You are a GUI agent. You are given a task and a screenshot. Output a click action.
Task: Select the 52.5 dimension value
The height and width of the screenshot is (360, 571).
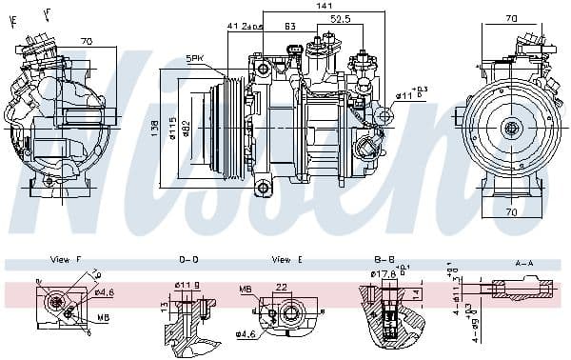point(340,18)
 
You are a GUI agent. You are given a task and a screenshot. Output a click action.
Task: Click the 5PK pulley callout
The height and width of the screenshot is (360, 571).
point(195,59)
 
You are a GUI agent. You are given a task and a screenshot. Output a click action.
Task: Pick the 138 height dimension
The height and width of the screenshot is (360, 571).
point(158,126)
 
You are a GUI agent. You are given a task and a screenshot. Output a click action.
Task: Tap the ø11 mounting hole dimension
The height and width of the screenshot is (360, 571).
point(404,95)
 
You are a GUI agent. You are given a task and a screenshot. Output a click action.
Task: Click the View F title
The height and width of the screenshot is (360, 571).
point(65,259)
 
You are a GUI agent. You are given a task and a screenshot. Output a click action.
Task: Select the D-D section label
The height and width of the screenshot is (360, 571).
point(188,259)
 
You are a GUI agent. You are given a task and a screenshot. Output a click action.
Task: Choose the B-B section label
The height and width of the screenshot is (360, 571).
point(384,259)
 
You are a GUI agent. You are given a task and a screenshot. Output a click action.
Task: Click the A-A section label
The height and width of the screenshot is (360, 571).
point(523,262)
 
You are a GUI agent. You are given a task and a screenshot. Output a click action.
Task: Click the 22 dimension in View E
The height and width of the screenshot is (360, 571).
point(282,286)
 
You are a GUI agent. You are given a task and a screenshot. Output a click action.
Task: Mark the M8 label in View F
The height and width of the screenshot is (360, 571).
point(103,317)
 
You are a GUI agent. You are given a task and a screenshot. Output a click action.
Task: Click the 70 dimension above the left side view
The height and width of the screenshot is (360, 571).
point(86,42)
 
